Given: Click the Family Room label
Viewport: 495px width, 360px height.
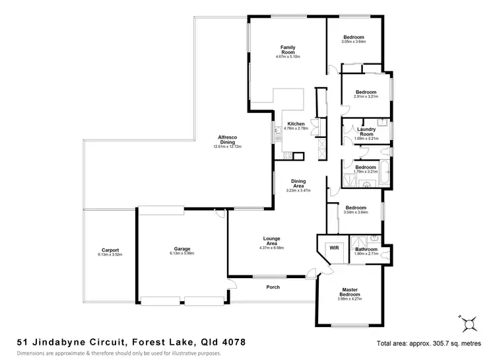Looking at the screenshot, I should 288,50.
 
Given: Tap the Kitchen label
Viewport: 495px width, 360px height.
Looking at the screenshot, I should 296,124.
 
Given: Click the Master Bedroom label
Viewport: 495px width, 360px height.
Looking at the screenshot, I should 350,291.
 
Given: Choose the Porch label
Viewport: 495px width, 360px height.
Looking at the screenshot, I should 273,287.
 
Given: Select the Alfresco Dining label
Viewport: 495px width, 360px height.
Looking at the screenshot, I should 227,139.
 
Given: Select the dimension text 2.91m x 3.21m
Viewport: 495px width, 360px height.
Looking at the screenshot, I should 366,96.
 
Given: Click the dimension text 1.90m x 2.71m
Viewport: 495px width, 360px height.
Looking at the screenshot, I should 366,253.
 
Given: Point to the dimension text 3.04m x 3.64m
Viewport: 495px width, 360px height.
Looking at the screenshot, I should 355,212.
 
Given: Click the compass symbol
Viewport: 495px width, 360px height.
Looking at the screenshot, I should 469,323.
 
